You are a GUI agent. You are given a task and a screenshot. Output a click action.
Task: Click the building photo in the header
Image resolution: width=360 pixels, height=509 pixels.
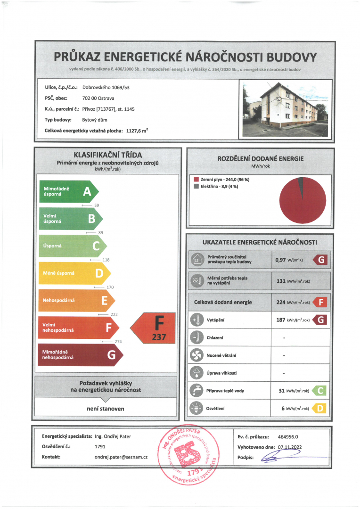click(284, 110)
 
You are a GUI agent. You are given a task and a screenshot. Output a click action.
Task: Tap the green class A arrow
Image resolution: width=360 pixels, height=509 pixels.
click(68, 191)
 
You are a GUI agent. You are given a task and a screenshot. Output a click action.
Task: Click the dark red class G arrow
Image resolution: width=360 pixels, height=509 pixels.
click(80, 355)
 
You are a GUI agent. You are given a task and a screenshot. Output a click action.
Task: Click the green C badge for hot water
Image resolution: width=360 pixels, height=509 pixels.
click(320, 390)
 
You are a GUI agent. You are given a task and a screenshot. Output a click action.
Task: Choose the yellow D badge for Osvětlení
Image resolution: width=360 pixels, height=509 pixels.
click(320, 408)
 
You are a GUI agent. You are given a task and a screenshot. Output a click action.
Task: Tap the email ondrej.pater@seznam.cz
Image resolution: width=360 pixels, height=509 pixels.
click(121, 457)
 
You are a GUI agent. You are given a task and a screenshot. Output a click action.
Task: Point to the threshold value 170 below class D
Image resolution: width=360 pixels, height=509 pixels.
click(110, 287)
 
